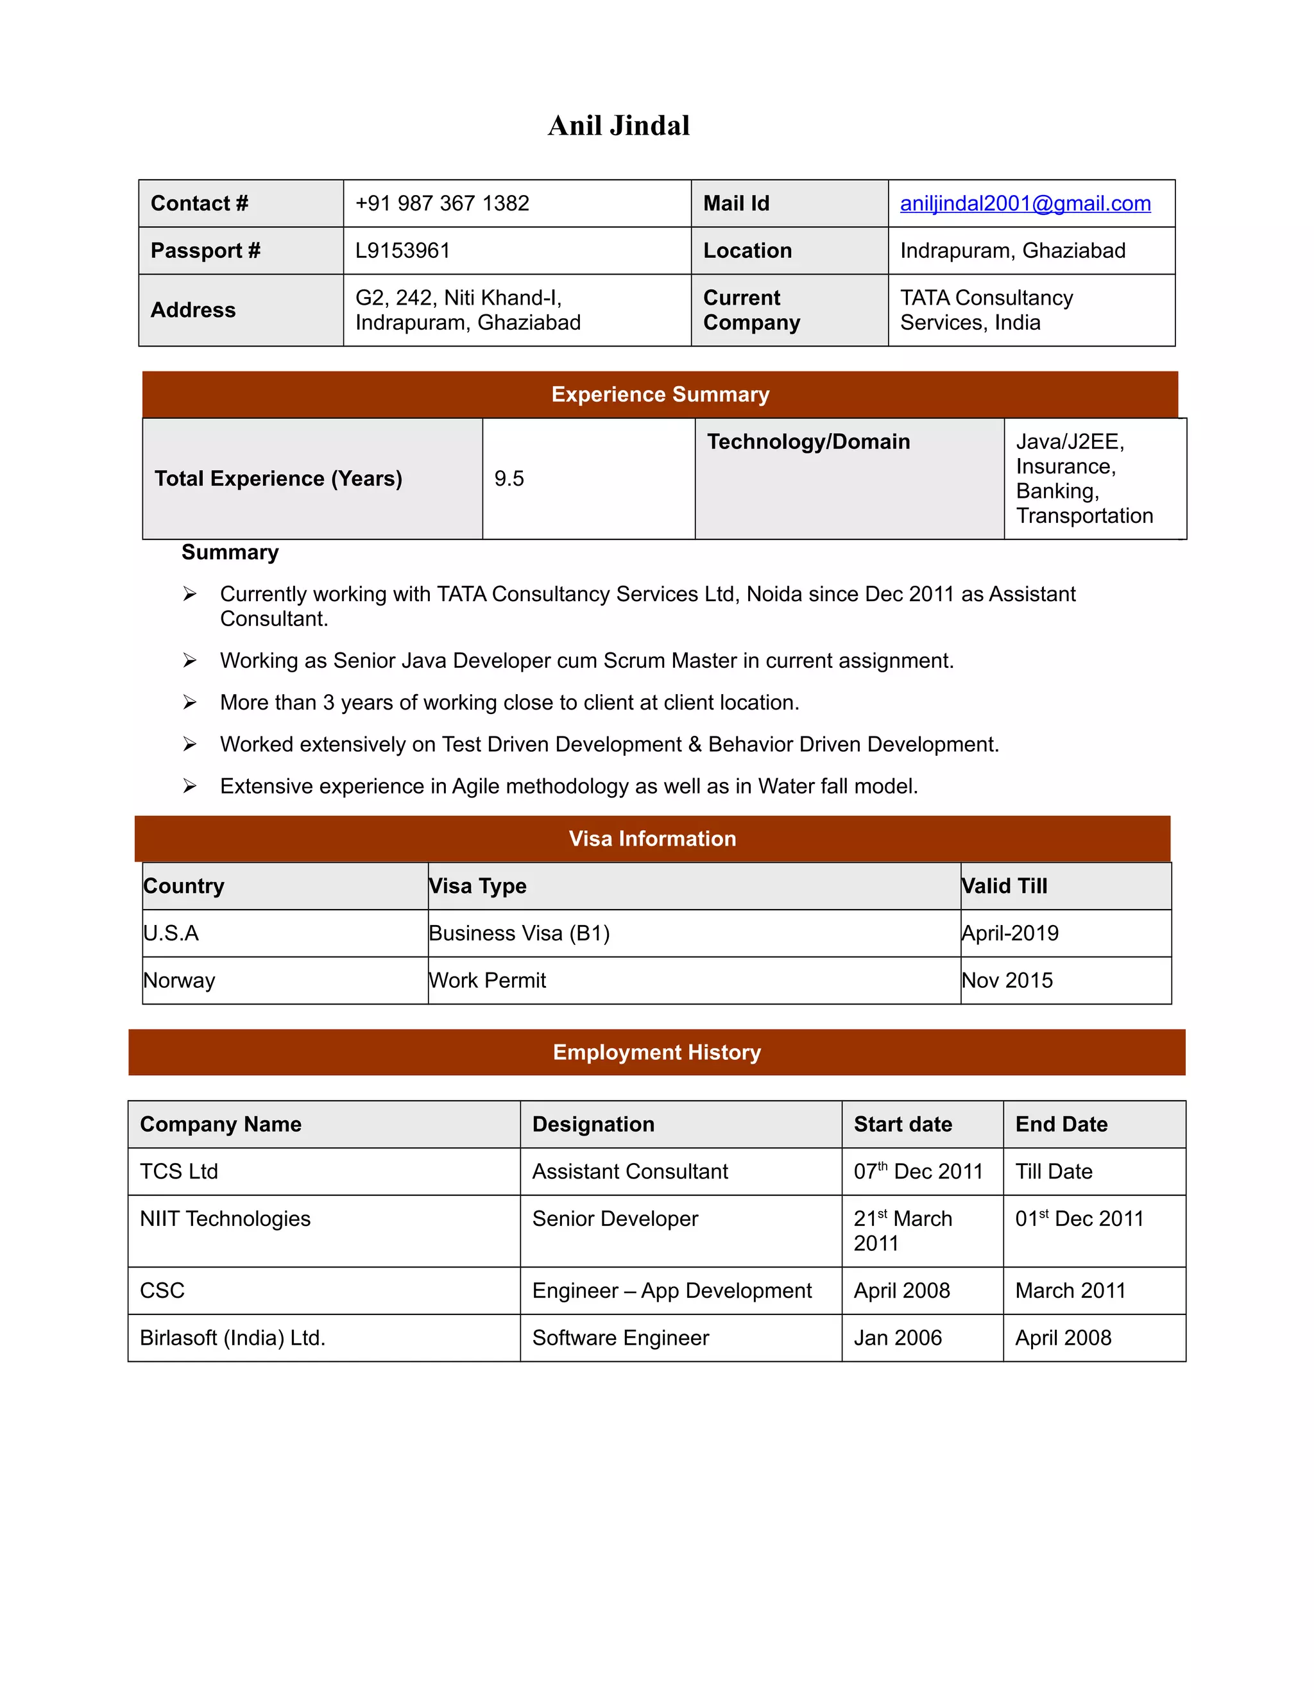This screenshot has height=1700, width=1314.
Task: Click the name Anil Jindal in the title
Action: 619,125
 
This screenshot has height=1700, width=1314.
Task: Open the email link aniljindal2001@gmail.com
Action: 1025,203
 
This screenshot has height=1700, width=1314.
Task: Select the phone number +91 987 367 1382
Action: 441,203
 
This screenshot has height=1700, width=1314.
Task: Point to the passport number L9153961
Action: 402,251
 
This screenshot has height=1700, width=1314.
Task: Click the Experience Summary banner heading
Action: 660,395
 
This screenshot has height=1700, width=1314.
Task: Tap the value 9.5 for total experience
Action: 509,479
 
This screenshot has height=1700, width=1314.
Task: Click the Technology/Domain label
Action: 808,442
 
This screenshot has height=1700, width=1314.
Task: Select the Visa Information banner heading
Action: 652,838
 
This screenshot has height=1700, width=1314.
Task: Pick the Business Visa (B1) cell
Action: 519,933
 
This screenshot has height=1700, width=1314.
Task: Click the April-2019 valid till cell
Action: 1010,933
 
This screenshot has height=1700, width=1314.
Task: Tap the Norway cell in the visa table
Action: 179,980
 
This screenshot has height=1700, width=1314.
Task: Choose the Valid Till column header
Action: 1004,886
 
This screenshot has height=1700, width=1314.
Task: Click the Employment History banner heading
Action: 656,1052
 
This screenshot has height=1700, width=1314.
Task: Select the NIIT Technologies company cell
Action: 225,1219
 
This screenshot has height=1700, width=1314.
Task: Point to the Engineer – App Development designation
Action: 671,1291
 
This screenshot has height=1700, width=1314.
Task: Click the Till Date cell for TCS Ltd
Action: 1054,1171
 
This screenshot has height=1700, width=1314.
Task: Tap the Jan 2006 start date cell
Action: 897,1338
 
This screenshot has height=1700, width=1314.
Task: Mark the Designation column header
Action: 593,1124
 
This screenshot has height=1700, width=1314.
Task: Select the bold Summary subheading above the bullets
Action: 230,552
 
